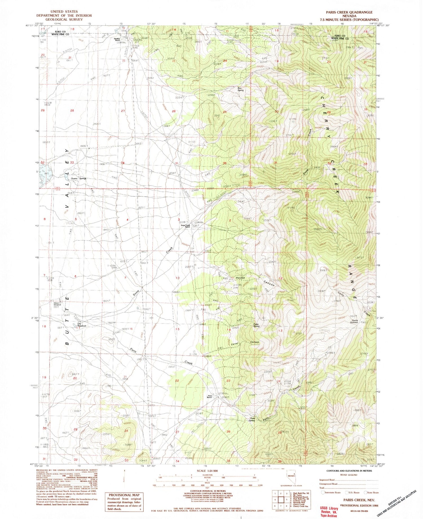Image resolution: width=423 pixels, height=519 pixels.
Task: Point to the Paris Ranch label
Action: click(210, 396)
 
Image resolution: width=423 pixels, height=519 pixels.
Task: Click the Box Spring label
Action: click(240, 89)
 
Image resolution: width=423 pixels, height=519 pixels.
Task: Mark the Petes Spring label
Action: click(256, 325)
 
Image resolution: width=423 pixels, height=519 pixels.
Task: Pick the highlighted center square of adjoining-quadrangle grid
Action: click(281, 500)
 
